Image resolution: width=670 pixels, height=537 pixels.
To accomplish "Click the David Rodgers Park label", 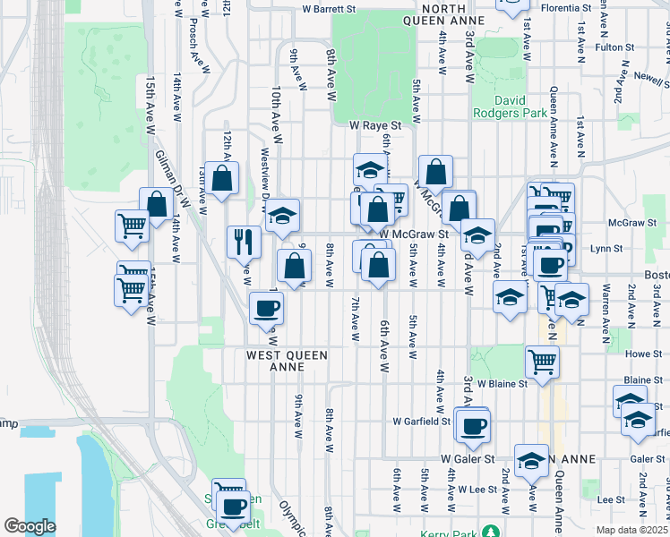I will click(520, 106).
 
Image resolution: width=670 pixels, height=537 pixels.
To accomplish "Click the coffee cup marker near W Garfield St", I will click(472, 426).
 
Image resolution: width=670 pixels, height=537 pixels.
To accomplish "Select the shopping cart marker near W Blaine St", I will click(542, 362).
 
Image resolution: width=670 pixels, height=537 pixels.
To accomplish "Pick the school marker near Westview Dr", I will click(282, 215).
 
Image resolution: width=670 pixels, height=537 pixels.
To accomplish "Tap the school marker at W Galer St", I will click(531, 460).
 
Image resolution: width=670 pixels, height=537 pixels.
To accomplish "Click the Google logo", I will click(30, 526).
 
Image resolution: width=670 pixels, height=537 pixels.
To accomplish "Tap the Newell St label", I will click(648, 77).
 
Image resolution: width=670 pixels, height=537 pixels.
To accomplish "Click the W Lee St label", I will click(477, 490).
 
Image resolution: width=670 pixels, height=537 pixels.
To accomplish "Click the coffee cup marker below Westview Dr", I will click(266, 309).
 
